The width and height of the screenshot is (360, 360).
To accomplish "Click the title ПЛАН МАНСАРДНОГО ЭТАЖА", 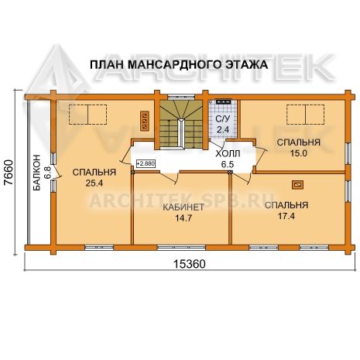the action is coord(179,64).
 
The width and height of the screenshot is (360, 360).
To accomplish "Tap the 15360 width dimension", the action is coord(190,264).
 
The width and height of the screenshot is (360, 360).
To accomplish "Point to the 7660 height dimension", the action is coord(9,172).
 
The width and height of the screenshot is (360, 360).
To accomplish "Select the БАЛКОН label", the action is coord(36,173).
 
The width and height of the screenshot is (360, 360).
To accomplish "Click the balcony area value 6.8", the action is coord(48,173).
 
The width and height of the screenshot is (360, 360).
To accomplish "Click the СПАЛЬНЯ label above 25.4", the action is coord(94,172).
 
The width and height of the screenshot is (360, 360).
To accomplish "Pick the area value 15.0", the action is coord(299,153).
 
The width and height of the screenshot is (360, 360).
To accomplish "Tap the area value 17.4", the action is coord(286,216).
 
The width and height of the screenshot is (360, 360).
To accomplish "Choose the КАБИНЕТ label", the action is coord(183,207).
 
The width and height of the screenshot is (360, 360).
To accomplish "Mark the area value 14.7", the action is coord(183,218).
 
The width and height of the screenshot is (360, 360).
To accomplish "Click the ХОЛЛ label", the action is coord(228,153).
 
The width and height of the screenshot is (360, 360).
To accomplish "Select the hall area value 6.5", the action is coord(228,164).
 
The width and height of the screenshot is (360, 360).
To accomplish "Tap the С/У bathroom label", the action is coord(222,119).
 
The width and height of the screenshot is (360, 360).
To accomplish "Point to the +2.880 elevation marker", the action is coord(146,163).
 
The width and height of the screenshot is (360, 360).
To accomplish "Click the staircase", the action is coord(181,125).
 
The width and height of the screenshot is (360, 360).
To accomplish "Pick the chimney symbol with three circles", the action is coord(145,121).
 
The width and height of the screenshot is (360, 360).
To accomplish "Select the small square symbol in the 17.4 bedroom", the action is coord(297,185).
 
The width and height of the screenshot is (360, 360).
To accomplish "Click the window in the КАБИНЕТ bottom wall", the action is coord(181,248).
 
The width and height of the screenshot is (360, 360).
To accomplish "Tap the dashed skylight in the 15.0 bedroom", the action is coord(306,115).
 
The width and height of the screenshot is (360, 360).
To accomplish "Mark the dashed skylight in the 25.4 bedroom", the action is coord(88,115).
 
